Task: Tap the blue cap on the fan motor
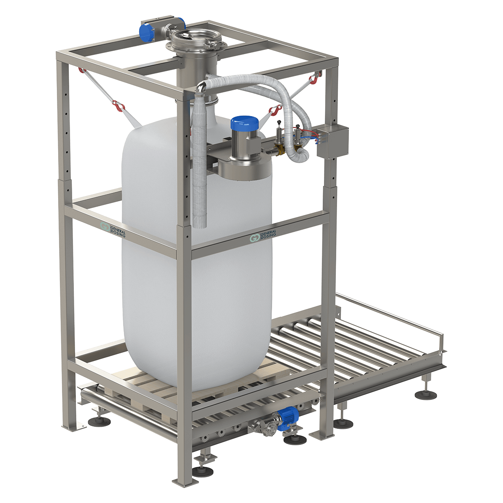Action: pos(244,123)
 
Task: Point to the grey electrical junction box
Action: pos(333,142)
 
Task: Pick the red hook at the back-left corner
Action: pos(82,70)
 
